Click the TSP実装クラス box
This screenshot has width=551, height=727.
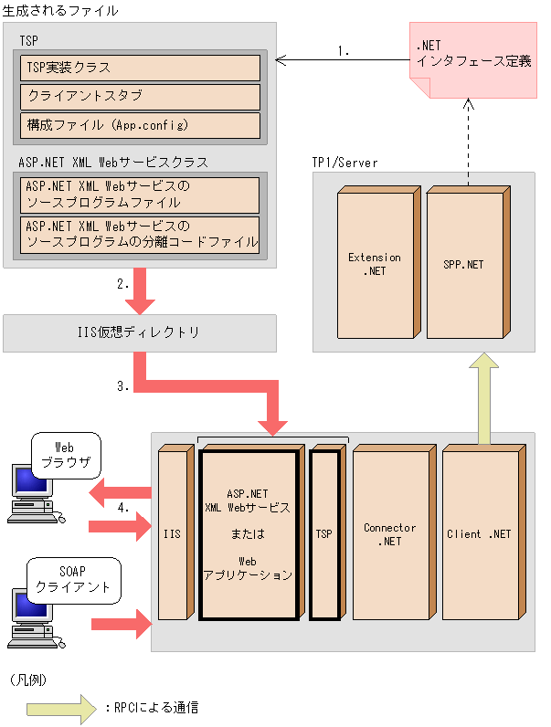click(x=140, y=68)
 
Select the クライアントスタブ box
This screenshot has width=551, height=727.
click(x=140, y=96)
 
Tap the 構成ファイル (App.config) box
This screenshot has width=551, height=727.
click(x=140, y=124)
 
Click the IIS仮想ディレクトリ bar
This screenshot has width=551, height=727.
click(x=140, y=333)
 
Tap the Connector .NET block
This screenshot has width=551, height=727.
click(x=389, y=534)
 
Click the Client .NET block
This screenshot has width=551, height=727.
click(x=479, y=534)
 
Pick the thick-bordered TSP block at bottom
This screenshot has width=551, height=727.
click(x=323, y=534)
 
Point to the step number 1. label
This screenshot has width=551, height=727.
click(x=344, y=51)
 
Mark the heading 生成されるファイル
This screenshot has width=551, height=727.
click(x=60, y=10)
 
